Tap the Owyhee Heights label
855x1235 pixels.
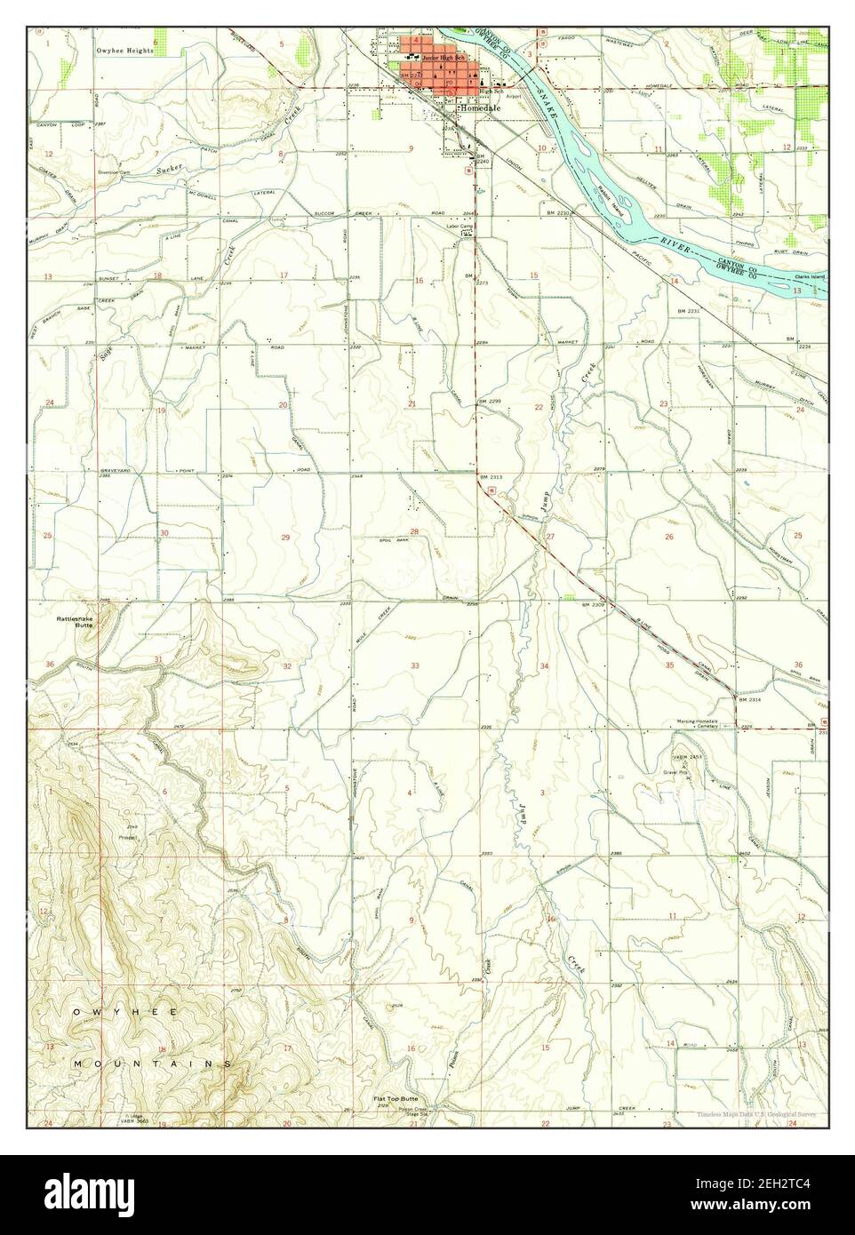(x=124, y=51)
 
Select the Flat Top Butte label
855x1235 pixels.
(x=396, y=1099)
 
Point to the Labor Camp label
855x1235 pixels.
(x=459, y=227)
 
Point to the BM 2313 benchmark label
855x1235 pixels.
(x=491, y=477)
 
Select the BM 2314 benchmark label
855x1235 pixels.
(x=751, y=700)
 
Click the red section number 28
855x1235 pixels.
(x=413, y=531)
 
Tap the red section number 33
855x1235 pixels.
(x=414, y=665)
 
